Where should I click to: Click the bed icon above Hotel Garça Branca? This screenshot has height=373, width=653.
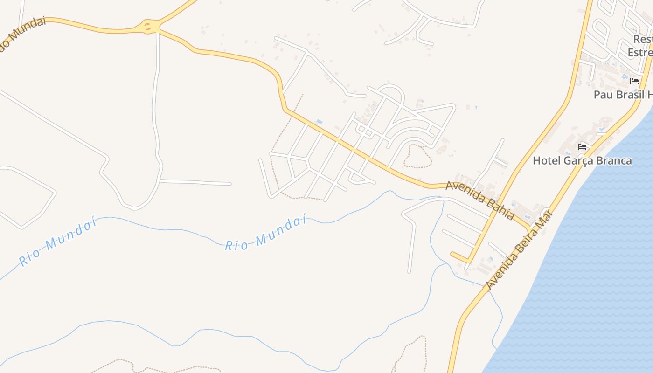click(582, 146)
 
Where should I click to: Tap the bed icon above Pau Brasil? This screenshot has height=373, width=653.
click(634, 81)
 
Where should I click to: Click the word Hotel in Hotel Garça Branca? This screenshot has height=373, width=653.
click(547, 161)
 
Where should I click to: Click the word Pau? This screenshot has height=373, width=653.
click(602, 95)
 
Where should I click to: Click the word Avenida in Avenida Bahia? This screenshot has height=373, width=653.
click(464, 192)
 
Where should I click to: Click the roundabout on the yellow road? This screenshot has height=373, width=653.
click(148, 26)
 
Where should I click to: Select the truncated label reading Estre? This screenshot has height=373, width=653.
click(639, 52)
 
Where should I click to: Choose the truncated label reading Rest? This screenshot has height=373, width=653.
click(642, 39)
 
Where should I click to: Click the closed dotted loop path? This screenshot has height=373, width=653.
click(418, 156)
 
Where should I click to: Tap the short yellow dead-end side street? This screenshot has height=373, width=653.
click(460, 256)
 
